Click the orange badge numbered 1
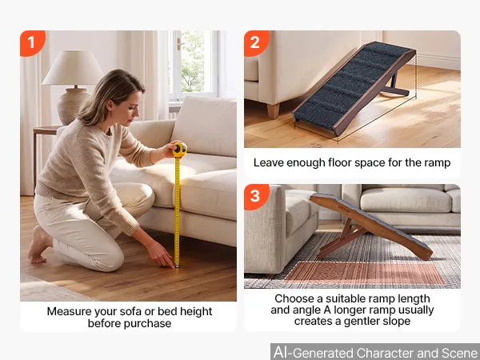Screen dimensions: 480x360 coord(32,43)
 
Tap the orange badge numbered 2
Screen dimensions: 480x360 coord(256,43)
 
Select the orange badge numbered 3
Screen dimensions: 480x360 coord(256,197)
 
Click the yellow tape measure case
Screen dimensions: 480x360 coord(179,150)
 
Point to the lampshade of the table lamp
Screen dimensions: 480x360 coord(73,68)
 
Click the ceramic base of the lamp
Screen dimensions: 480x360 coord(73,106)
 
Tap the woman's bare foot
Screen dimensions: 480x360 coord(39,245)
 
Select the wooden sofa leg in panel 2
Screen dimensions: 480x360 coord(274,111)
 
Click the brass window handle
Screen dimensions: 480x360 coord(179,44)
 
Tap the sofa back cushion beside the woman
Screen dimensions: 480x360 coord(206,126)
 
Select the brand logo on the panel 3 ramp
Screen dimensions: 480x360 coord(344,207)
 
